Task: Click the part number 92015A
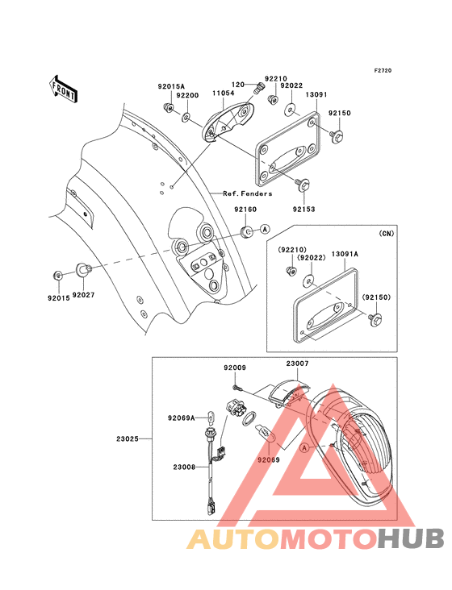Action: point(171,86)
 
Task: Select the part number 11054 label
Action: point(224,94)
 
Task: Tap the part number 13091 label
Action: point(316,94)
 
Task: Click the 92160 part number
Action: point(245,209)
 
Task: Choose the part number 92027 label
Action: point(83,295)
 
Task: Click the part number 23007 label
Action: point(296,364)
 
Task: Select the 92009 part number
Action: point(235,368)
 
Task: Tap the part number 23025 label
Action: point(128,439)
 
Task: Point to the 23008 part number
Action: point(183,466)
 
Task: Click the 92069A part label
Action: point(182,418)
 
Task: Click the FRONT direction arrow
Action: point(64,88)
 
